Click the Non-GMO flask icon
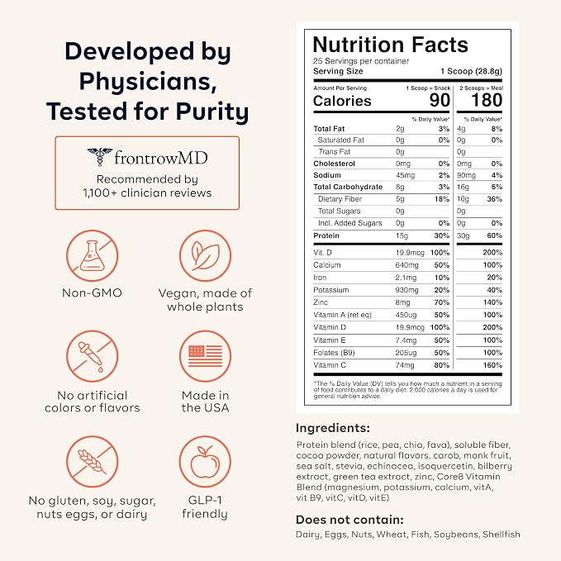(93, 255)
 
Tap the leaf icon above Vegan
(205, 255)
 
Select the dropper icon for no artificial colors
(93, 356)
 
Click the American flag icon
(205, 356)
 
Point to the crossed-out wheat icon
(93, 462)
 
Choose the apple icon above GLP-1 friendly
(205, 462)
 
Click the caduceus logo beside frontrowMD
(100, 157)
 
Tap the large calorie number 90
(440, 100)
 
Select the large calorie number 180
(487, 100)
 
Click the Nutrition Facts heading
(390, 45)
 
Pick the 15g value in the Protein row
(402, 235)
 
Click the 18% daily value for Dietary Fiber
(442, 199)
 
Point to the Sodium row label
(327, 175)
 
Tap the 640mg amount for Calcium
(406, 265)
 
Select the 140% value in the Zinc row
(492, 302)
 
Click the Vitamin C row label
(330, 365)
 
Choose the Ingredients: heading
(333, 428)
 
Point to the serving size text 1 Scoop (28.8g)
(471, 71)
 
